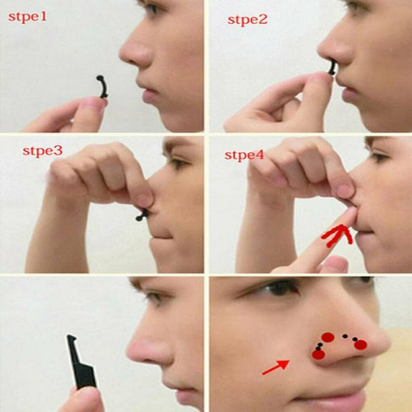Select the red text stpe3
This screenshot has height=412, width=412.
42,151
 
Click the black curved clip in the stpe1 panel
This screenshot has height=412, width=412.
102,86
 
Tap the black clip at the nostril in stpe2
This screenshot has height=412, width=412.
332,67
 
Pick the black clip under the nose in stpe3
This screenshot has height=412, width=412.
142,214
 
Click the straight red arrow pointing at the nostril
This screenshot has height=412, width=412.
275,368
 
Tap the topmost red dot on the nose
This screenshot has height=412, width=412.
328,337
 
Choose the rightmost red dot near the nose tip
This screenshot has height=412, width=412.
360,345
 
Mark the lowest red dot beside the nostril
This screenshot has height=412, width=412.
318,354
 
